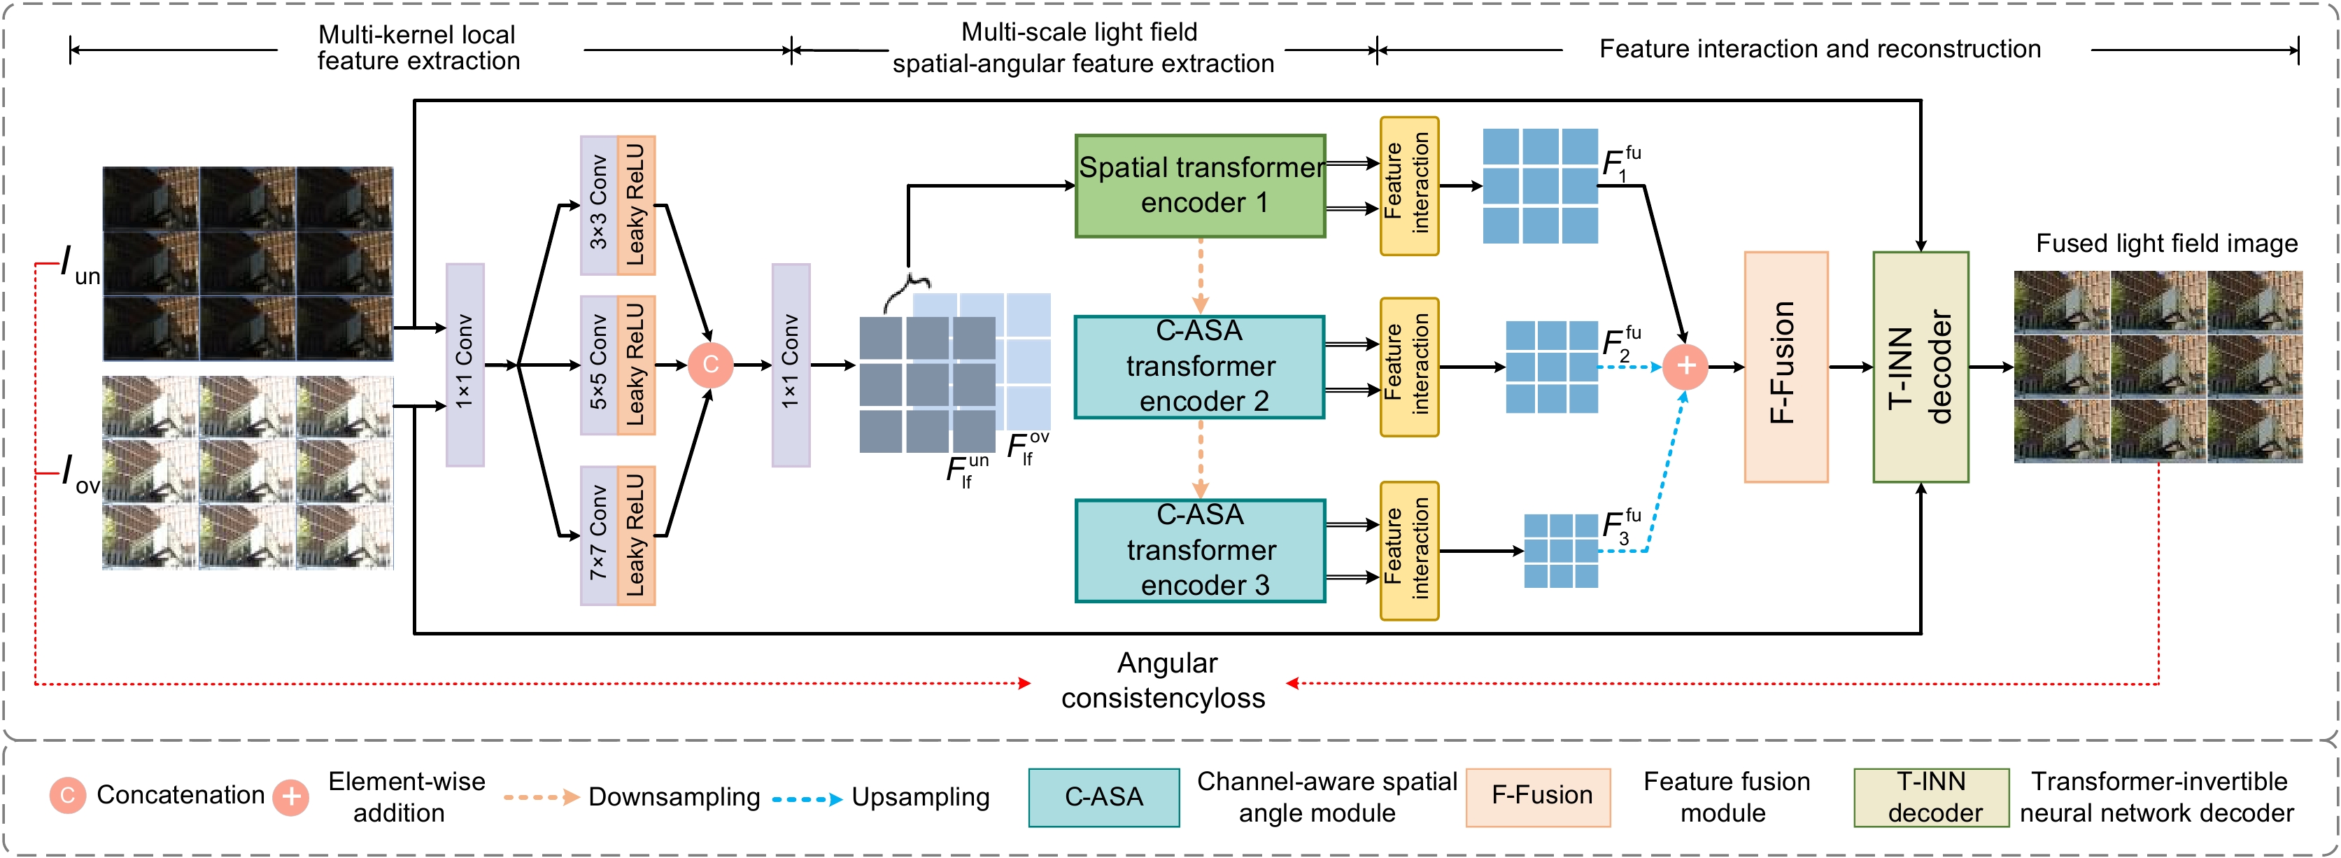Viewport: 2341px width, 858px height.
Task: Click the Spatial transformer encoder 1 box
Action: click(1200, 186)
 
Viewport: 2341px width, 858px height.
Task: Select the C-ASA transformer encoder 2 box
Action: click(1200, 366)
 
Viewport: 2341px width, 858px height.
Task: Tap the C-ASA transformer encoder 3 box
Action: click(1200, 551)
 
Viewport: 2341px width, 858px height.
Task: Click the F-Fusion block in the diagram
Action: click(1785, 366)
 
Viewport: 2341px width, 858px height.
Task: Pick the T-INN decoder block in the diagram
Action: click(1921, 366)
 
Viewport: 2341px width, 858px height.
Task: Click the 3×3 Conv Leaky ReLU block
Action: click(618, 206)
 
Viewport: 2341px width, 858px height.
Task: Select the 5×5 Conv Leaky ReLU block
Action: click(618, 365)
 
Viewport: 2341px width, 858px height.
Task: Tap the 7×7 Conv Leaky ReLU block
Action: click(618, 535)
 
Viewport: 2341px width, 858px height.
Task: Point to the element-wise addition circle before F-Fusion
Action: click(1685, 366)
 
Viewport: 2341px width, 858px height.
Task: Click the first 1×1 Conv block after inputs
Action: click(465, 365)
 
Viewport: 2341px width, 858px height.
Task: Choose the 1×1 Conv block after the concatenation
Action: click(791, 365)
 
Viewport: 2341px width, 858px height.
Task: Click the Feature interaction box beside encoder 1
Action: click(1408, 186)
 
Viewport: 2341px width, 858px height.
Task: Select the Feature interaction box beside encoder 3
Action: click(1408, 551)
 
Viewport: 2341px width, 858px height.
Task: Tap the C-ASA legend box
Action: click(1103, 797)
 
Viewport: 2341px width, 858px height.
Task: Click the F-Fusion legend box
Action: click(1538, 797)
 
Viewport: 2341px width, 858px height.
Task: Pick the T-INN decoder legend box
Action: click(1931, 797)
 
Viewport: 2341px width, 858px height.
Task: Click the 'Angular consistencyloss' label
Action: click(1165, 681)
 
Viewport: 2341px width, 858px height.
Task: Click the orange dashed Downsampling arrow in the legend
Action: click(541, 797)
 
